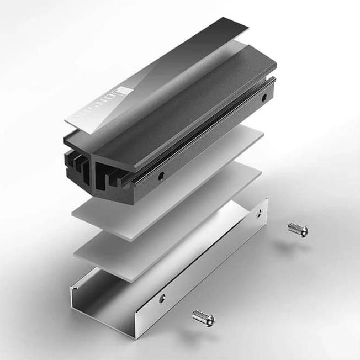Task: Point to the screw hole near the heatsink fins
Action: coord(161,177)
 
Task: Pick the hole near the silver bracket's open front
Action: coord(162,299)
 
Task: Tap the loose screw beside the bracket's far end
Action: coord(298,229)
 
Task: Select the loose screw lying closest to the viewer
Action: coord(203,318)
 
